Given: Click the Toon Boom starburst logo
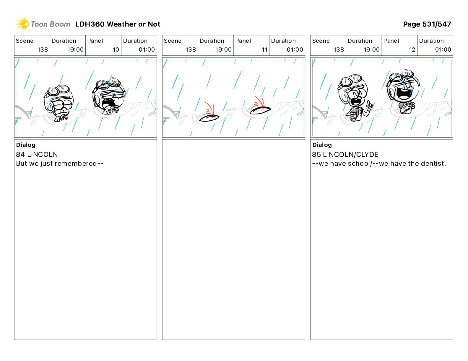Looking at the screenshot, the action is [x=22, y=24].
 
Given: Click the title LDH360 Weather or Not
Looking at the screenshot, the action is [x=118, y=24].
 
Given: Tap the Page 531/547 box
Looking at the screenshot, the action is [x=427, y=24].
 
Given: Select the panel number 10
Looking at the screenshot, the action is [x=116, y=50].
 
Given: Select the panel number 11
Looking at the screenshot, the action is [x=264, y=50].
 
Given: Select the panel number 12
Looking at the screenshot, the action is [x=412, y=50].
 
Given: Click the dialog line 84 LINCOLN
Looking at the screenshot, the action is [x=37, y=154].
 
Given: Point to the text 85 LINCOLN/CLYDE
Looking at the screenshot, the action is [x=345, y=154].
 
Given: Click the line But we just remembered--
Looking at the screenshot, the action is [x=60, y=163].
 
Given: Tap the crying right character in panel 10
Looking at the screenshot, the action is [x=109, y=96].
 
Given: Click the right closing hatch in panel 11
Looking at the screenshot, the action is [x=260, y=110].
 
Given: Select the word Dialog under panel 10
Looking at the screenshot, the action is [x=26, y=145].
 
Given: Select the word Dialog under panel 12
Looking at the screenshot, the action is [x=322, y=145].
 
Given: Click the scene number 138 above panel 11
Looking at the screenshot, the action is [x=191, y=50].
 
